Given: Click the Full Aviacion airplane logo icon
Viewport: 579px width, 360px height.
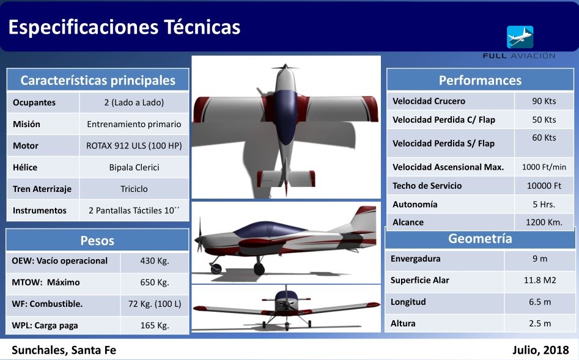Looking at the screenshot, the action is (520, 37).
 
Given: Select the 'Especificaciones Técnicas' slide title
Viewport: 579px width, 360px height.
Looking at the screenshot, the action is (125, 28).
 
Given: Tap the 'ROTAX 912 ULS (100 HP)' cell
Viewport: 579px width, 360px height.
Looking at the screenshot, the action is (134, 145).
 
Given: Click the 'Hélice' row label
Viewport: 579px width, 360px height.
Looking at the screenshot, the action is (25, 167).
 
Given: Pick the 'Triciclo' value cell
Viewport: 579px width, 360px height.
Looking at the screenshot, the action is (134, 189).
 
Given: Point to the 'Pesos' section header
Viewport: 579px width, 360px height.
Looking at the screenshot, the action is (97, 241).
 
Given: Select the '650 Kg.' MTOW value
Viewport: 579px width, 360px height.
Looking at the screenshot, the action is (155, 282).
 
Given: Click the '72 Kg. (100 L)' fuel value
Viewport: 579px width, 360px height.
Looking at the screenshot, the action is (155, 304).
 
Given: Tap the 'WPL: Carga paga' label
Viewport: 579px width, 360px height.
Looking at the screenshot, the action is (45, 325).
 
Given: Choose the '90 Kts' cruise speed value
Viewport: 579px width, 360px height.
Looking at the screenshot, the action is (544, 101).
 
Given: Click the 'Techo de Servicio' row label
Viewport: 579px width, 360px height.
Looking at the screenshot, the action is (427, 185).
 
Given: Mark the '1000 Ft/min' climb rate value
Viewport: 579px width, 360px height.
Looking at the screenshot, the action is (544, 167).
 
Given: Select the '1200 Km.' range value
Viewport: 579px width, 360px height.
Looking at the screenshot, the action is (544, 222).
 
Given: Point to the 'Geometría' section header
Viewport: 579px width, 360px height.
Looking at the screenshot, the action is (480, 238).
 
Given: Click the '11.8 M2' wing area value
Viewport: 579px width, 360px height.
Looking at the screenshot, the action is (540, 280).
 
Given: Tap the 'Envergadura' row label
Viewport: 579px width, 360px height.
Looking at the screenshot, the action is (415, 259).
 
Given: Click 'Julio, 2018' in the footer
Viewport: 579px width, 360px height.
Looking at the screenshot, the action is (540, 350).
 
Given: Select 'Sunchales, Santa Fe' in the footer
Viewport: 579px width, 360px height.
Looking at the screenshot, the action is (64, 350).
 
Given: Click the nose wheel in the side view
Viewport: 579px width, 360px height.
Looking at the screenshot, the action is (216, 268).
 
